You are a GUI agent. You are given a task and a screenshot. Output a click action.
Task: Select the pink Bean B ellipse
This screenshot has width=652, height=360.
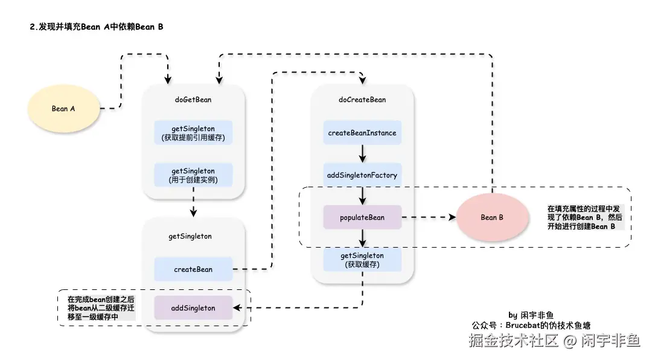[x=492, y=217]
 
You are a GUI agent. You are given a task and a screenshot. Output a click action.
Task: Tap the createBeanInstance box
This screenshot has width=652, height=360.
[x=362, y=132]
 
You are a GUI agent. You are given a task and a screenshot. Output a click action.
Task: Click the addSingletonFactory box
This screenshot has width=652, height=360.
[x=362, y=175]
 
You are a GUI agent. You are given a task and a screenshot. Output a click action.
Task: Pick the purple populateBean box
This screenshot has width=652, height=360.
[x=362, y=217]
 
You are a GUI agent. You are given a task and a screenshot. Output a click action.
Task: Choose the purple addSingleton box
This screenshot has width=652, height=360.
[x=193, y=308]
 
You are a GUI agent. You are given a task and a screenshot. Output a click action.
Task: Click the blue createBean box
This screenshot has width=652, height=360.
[x=193, y=269]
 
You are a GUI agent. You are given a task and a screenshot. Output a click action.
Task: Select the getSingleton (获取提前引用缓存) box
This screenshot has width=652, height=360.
[x=193, y=133]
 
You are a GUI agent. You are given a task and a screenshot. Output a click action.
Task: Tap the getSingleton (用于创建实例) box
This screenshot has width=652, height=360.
[x=193, y=175]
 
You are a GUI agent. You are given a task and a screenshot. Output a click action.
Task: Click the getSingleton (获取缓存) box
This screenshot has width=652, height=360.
[x=362, y=260]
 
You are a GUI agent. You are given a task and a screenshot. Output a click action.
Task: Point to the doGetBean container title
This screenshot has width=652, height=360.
[x=193, y=100]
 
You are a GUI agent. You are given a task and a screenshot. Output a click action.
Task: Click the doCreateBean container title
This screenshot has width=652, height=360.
[x=362, y=100]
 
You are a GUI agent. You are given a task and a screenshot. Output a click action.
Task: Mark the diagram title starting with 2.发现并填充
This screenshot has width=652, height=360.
[x=97, y=27]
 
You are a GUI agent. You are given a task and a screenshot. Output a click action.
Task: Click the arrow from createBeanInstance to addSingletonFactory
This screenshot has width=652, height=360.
[x=362, y=153]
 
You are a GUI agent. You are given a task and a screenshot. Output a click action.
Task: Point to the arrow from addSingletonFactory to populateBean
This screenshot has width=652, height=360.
[x=362, y=196]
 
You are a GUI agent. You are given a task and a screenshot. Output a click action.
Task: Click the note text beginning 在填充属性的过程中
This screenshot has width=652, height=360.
[x=584, y=217]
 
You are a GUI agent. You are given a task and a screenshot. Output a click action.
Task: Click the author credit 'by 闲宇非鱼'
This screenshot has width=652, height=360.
[x=531, y=315]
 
